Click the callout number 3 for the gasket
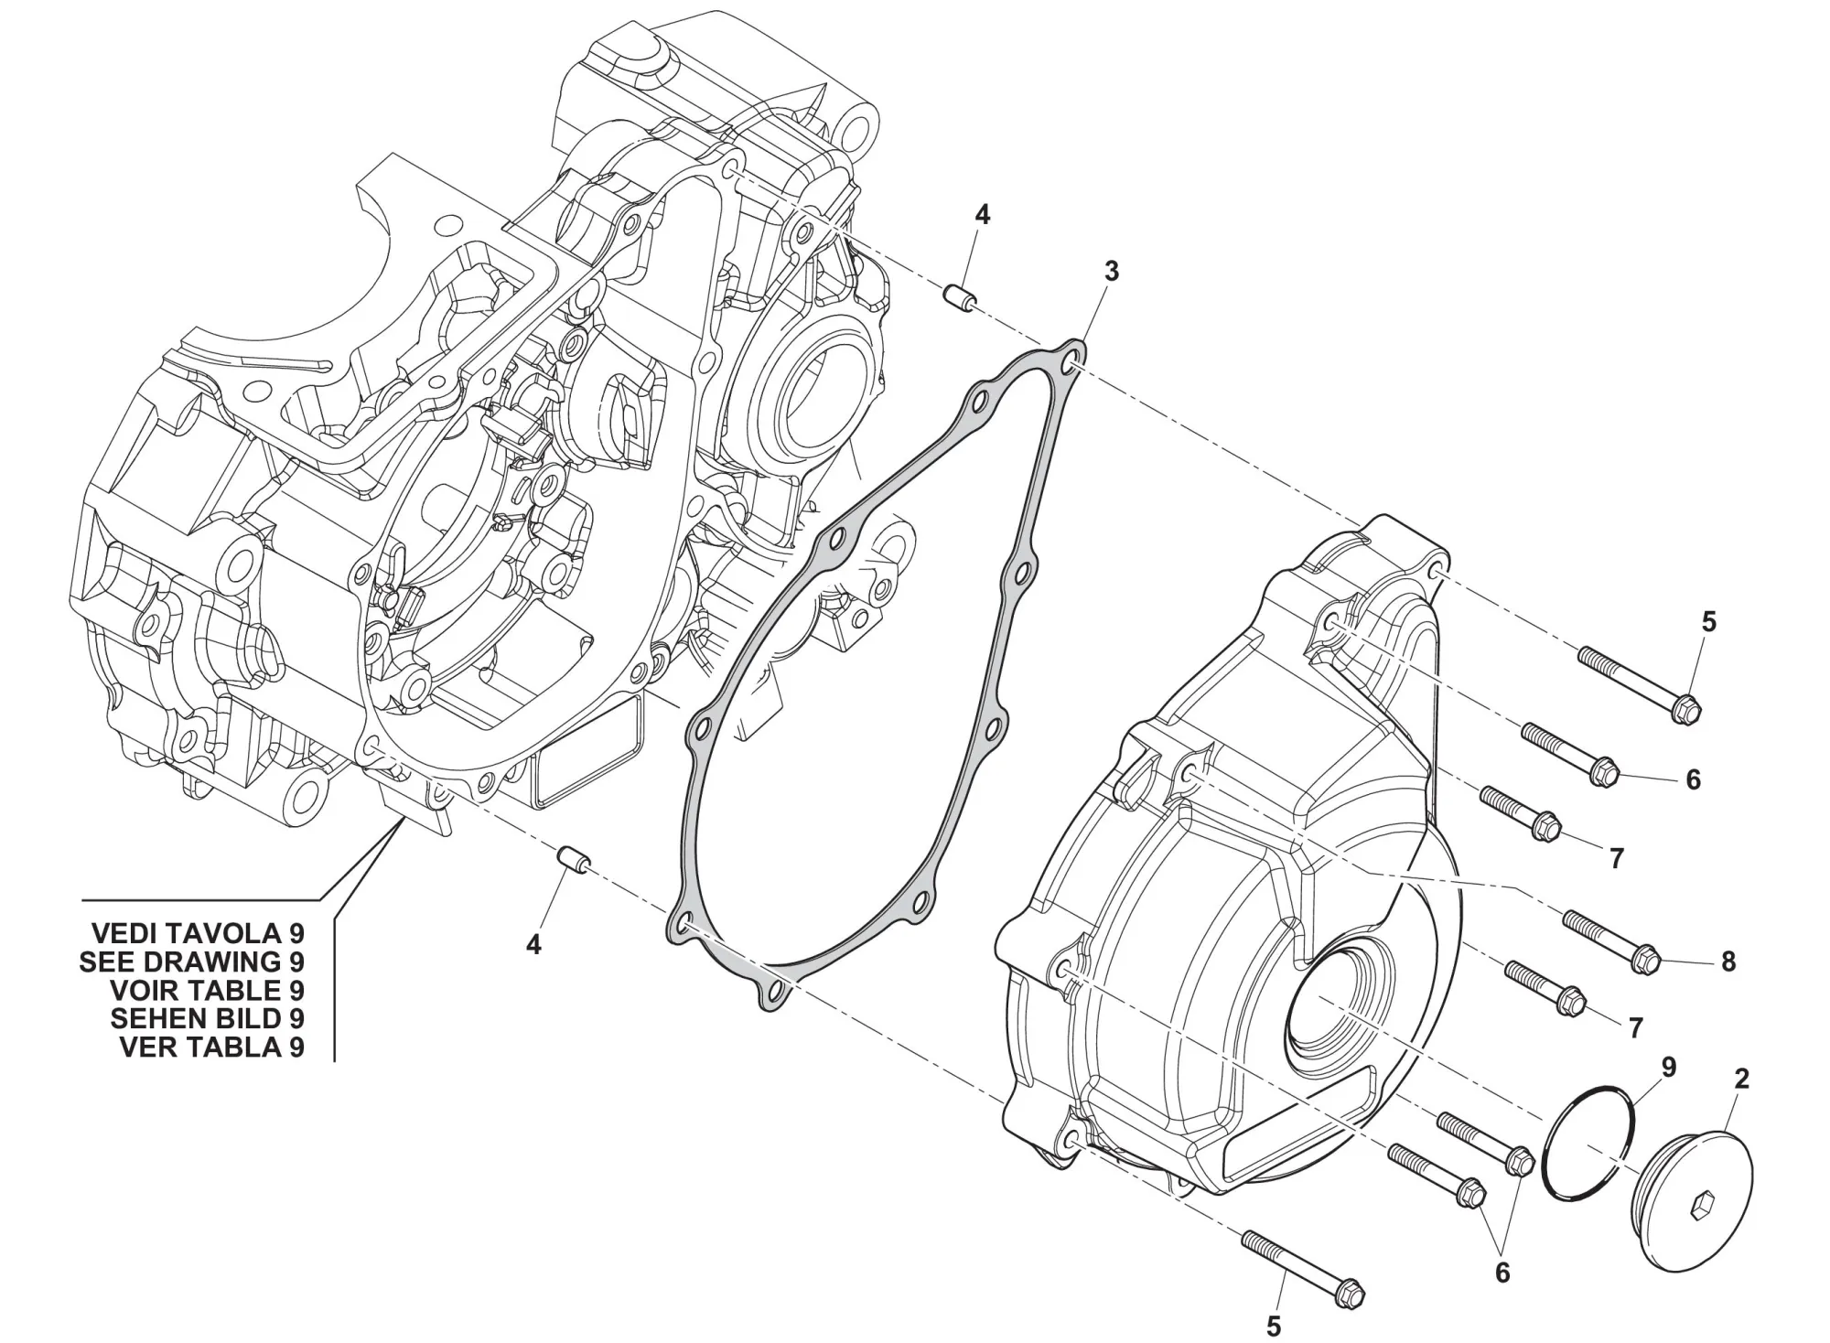pos(1111,271)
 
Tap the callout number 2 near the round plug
pos(1741,1079)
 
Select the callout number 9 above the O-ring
pos(1669,1068)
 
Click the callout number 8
pos(1728,962)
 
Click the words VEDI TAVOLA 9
pos(198,933)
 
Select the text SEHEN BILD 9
pos(207,1018)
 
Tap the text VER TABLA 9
pos(211,1047)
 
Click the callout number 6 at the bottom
pos(1502,1273)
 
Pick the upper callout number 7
pos(1616,858)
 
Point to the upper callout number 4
pos(982,215)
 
